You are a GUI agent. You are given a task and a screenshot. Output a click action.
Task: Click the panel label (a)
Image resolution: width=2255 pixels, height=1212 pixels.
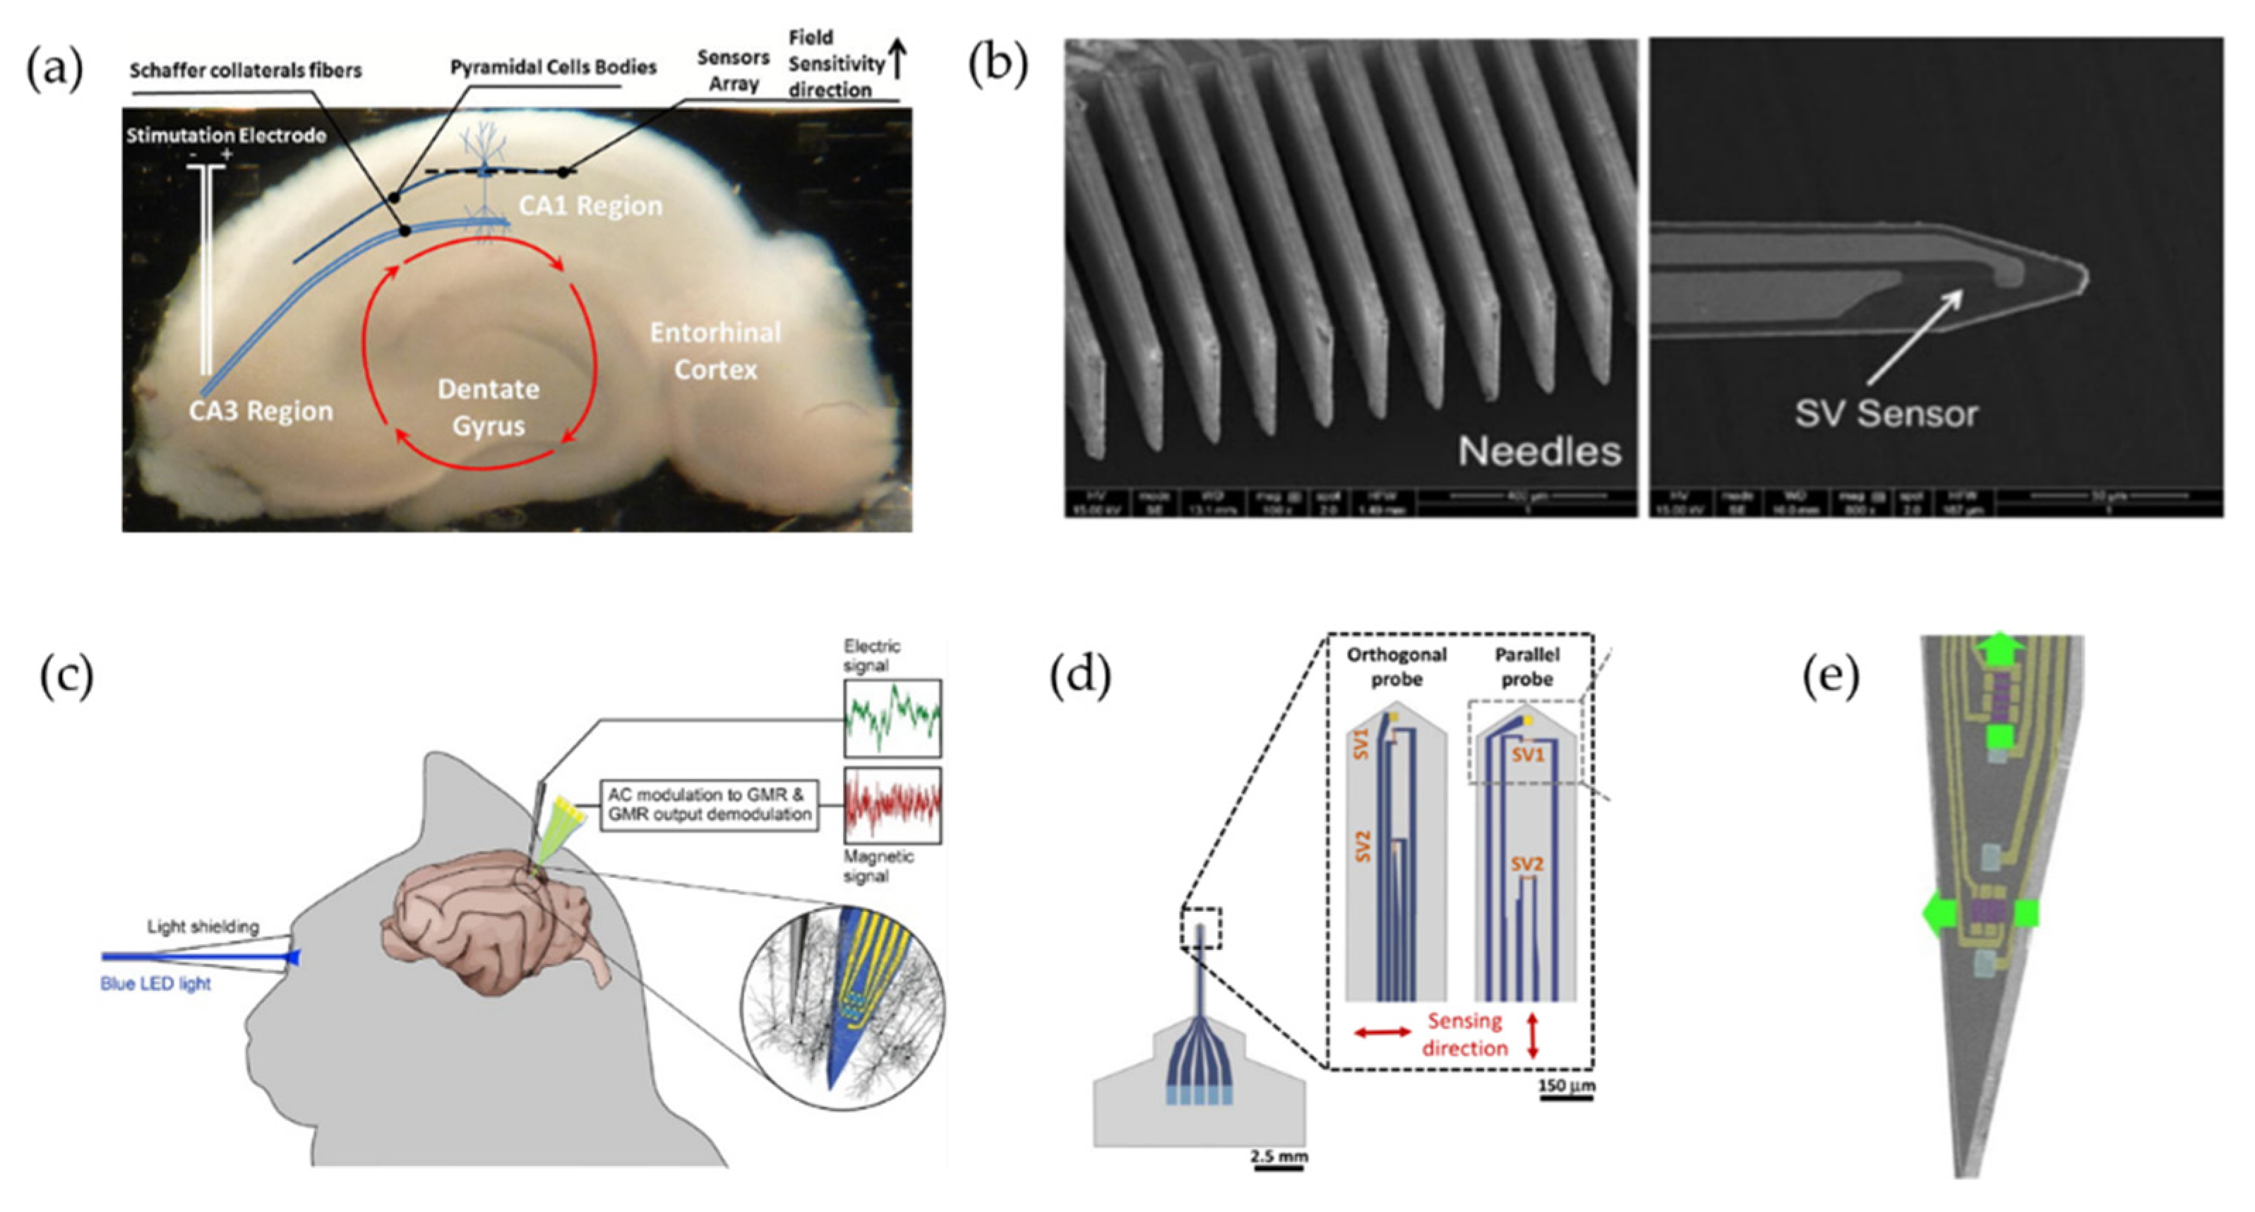click(54, 69)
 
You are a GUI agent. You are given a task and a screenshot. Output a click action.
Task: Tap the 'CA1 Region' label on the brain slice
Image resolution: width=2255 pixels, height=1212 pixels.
click(590, 206)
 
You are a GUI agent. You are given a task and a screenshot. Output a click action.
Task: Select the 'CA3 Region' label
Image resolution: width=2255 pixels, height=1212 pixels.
click(261, 411)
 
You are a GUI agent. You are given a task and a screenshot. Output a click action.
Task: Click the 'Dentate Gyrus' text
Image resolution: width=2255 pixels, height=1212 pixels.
click(488, 408)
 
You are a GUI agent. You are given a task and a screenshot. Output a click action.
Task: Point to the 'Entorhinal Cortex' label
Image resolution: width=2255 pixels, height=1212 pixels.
click(715, 350)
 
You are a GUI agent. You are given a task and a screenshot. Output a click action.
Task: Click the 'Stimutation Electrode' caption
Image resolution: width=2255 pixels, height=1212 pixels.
click(226, 136)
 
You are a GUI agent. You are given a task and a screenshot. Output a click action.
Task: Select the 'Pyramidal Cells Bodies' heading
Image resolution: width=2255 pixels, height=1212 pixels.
click(554, 67)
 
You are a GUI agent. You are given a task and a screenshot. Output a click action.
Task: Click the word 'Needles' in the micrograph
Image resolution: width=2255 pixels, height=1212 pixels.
click(1539, 451)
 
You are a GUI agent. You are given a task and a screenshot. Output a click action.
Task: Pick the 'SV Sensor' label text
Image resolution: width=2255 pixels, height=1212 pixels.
click(1886, 413)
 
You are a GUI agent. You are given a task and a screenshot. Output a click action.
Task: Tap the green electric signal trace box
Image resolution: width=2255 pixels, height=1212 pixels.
click(892, 718)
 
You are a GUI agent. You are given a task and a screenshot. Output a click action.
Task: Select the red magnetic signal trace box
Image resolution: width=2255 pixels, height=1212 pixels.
click(892, 806)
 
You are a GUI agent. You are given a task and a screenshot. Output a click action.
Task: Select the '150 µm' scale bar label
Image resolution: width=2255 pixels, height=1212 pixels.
click(1567, 1086)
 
